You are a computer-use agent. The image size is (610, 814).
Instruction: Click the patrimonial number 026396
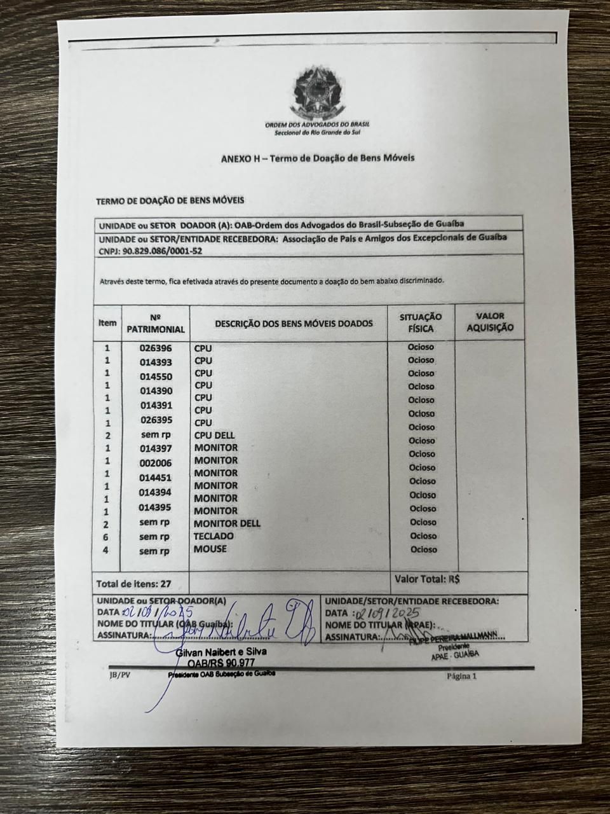[x=156, y=348]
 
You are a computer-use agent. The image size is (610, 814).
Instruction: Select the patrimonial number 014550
[x=156, y=376]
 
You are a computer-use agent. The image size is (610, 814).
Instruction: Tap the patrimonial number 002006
[x=156, y=463]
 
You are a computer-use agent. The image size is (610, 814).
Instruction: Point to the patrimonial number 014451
[x=156, y=478]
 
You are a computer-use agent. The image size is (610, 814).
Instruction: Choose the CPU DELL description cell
[x=214, y=436]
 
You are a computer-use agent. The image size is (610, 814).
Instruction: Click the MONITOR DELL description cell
[x=227, y=523]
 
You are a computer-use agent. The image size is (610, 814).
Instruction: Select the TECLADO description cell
[x=213, y=536]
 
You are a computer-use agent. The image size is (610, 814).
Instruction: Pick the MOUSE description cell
[x=210, y=549]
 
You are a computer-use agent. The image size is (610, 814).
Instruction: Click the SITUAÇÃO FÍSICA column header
[x=421, y=322]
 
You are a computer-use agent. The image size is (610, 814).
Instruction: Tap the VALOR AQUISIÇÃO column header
[x=490, y=322]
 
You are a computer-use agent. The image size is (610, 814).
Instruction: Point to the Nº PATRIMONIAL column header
[x=156, y=323]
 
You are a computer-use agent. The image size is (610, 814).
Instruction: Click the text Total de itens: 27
[x=133, y=583]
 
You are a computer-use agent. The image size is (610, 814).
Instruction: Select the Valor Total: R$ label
[x=427, y=579]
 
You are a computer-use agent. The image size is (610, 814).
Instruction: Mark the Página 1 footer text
[x=462, y=676]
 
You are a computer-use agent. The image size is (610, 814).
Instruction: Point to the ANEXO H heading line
[x=317, y=158]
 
